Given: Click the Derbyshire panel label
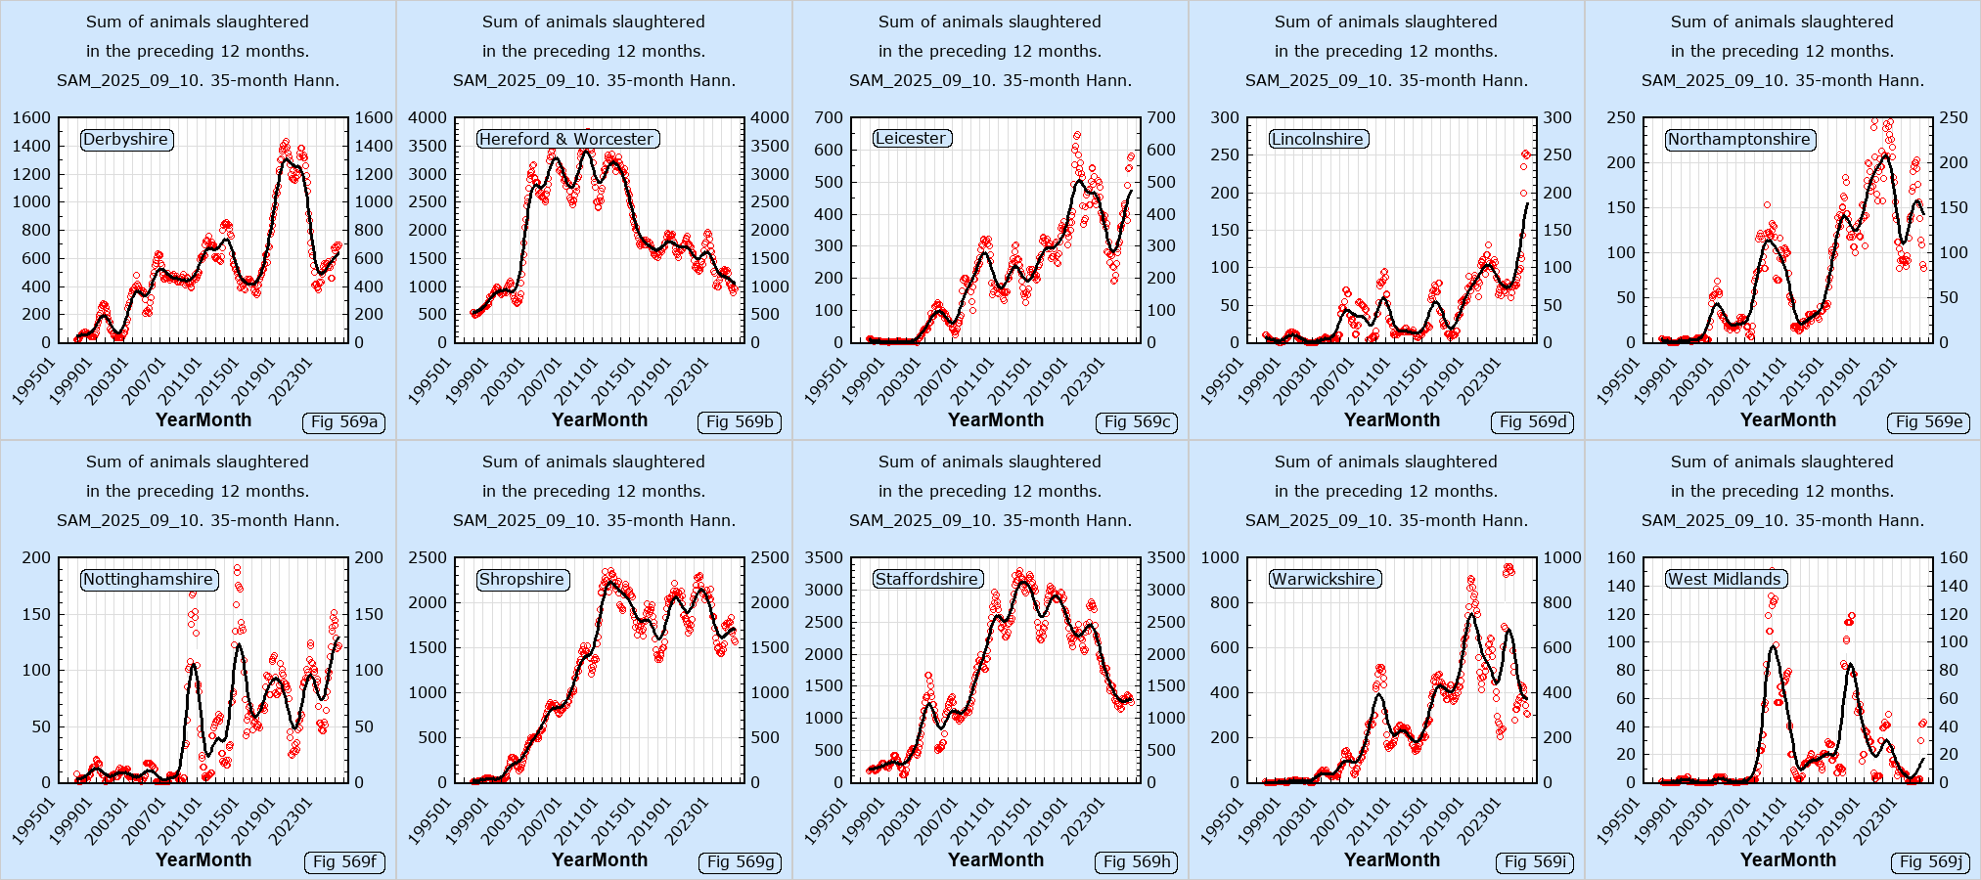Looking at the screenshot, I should point(126,139).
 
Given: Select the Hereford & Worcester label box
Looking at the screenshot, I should point(567,139).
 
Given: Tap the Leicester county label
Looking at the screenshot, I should point(912,139).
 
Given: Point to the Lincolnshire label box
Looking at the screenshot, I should point(1318,139).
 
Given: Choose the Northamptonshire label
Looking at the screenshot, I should point(1739,139).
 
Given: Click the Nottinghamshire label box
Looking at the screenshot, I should point(149,579).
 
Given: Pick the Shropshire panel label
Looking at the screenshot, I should point(522,579).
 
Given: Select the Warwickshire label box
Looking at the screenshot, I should point(1324,579).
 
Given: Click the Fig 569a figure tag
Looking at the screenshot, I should point(344,422).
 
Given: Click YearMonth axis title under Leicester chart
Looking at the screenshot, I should point(996,419).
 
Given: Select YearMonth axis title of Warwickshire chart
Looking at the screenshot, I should point(1392,859).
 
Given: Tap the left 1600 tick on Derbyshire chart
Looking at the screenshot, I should point(31,117).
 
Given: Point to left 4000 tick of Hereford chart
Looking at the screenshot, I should point(428,117).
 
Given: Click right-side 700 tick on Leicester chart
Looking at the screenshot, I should point(1161,117).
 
